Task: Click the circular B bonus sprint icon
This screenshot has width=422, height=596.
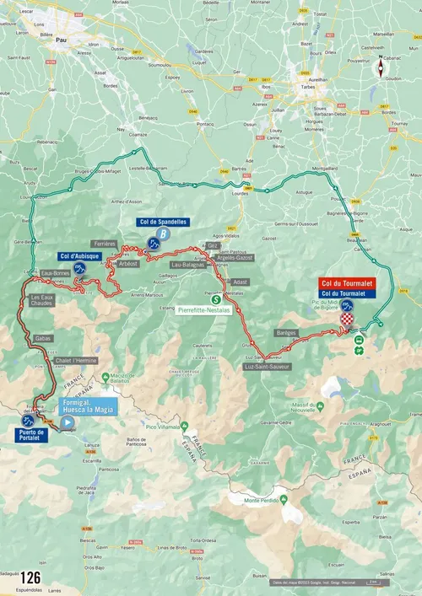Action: pos(163,235)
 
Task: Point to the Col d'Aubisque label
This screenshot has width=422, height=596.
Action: pos(80,255)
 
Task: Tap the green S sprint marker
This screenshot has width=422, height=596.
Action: pos(215,298)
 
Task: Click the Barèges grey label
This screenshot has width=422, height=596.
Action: pos(286,333)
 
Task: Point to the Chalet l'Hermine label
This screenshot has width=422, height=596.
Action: pos(76,361)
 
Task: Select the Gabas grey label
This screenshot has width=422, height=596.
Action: pos(42,339)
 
